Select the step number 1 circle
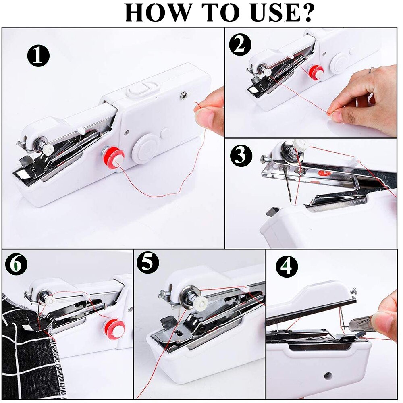[38, 56]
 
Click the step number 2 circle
[240, 44]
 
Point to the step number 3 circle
[241, 155]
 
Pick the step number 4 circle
[287, 266]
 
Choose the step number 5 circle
[148, 262]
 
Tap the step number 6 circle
[16, 264]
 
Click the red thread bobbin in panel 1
[114, 157]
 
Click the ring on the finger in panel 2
[372, 70]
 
